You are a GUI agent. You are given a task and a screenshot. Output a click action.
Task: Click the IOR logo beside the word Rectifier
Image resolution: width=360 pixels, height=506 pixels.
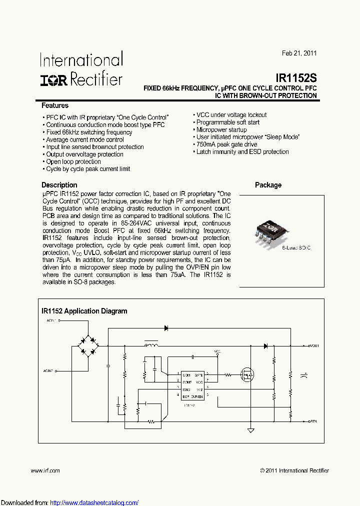tap(54, 79)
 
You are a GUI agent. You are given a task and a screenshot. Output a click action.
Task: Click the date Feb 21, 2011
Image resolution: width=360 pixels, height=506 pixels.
tap(299, 53)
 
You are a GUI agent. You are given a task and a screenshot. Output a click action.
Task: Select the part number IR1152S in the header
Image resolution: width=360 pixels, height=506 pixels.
tap(296, 78)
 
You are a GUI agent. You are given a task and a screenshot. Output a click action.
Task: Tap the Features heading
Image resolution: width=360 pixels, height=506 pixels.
tap(55, 105)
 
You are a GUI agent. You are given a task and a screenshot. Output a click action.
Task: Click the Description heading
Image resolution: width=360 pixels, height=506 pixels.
tap(59, 185)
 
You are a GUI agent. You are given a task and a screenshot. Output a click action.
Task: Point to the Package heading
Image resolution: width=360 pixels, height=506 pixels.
tap(268, 185)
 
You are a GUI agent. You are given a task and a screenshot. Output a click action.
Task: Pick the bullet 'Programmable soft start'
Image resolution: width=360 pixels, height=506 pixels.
tap(227, 122)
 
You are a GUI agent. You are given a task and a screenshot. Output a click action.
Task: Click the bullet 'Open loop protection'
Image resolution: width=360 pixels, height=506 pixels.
tap(73, 161)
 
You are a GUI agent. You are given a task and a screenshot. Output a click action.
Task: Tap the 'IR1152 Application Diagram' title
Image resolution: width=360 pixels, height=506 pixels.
tap(84, 311)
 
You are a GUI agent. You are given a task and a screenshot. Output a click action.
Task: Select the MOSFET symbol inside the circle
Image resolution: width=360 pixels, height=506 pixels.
tap(246, 374)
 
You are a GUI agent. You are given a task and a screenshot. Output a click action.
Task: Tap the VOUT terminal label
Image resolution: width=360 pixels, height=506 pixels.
tap(313, 345)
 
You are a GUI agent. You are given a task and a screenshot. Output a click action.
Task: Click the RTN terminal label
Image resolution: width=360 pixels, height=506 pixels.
tap(312, 421)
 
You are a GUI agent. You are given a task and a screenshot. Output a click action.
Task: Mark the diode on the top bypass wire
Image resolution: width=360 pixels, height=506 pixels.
tap(166, 328)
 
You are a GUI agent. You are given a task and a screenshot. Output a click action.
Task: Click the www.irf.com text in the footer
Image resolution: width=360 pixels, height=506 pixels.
tap(45, 470)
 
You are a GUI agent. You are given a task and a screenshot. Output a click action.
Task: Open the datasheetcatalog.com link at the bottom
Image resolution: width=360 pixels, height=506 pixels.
tap(94, 502)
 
